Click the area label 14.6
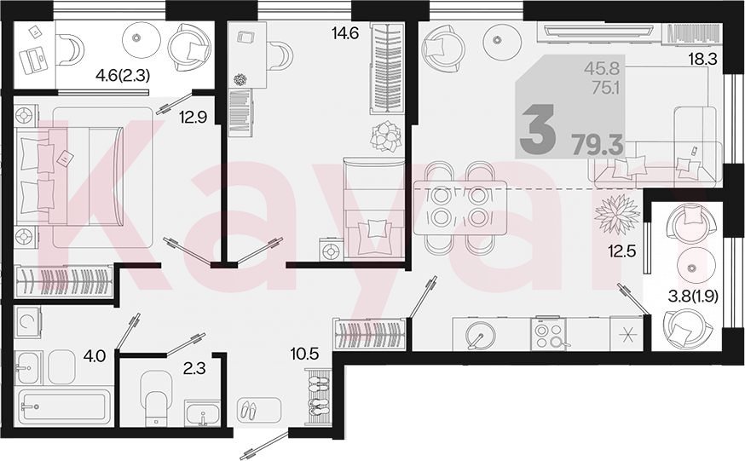click(345, 34)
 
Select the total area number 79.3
click(598, 144)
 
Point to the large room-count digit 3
click(537, 129)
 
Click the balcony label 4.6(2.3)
click(123, 76)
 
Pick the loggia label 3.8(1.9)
click(693, 297)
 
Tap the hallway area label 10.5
click(304, 354)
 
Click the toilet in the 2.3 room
click(156, 397)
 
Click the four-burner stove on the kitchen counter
click(548, 334)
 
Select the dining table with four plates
click(459, 207)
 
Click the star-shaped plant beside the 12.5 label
click(617, 214)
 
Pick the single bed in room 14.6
click(374, 209)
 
